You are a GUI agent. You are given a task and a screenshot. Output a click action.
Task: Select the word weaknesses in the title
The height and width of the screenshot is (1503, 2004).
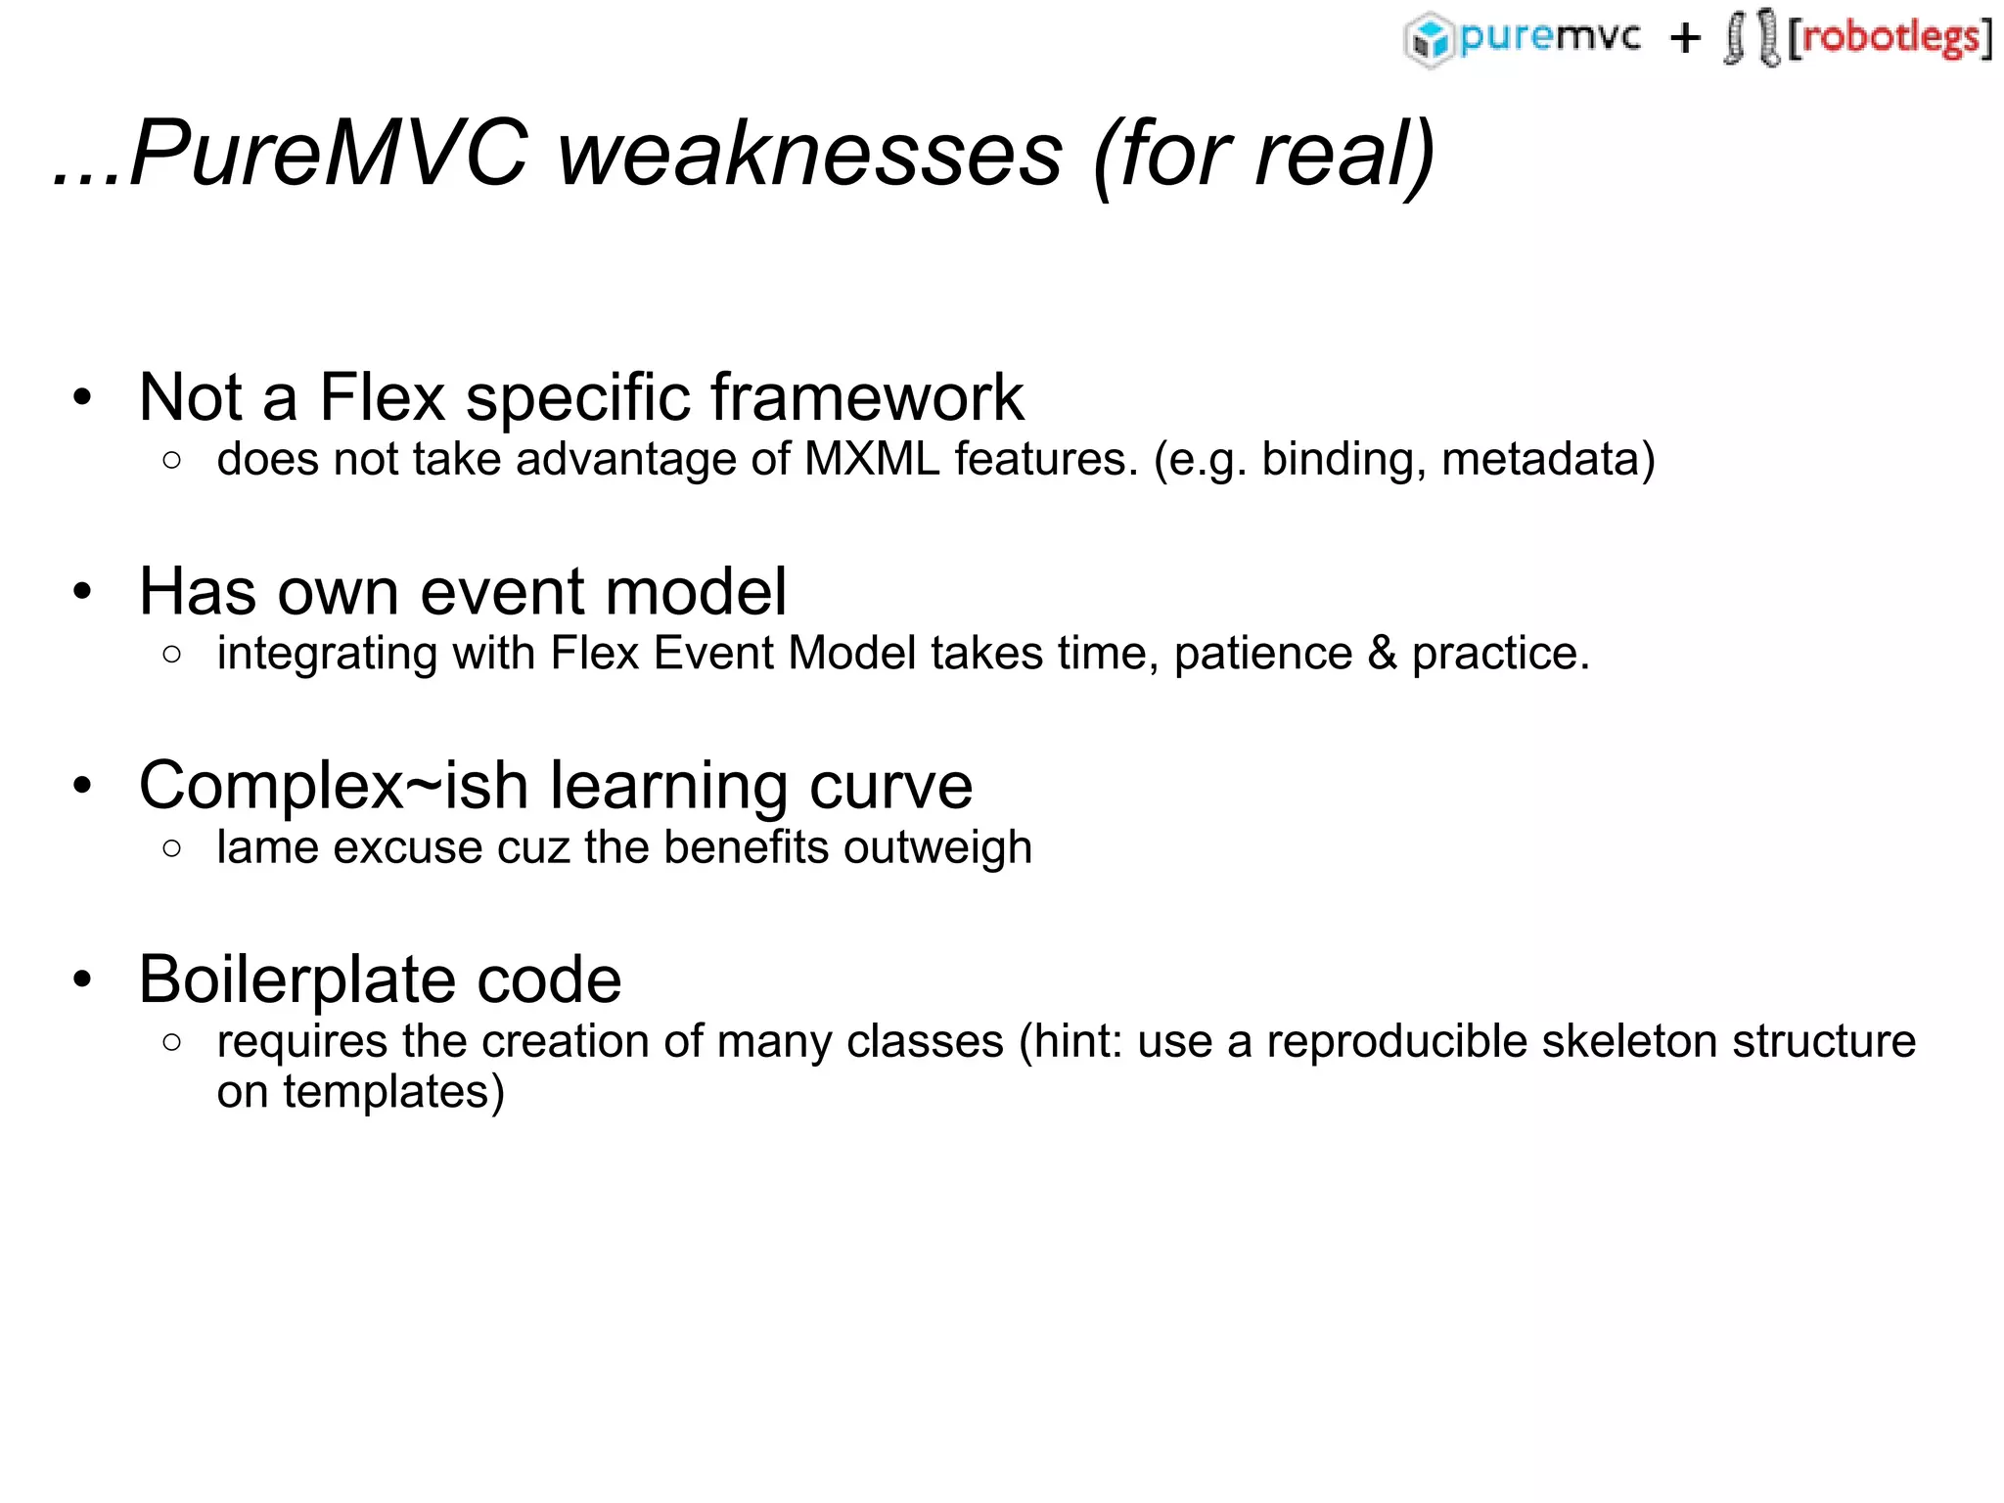point(809,154)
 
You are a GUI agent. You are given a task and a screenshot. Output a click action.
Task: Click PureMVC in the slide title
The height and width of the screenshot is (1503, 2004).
point(328,154)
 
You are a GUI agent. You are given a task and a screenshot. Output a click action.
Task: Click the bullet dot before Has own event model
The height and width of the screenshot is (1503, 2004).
point(82,592)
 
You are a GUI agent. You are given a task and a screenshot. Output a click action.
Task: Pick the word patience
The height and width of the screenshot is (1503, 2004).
point(1263,654)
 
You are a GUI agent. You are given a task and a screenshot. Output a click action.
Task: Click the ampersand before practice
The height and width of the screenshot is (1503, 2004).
point(1382,654)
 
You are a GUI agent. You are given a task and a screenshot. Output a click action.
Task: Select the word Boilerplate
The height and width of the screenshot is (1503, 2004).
point(296,979)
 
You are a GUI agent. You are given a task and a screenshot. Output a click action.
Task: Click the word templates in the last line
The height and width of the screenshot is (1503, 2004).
point(393,1092)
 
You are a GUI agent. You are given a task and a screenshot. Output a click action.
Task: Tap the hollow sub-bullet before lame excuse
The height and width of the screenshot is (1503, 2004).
point(172,848)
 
